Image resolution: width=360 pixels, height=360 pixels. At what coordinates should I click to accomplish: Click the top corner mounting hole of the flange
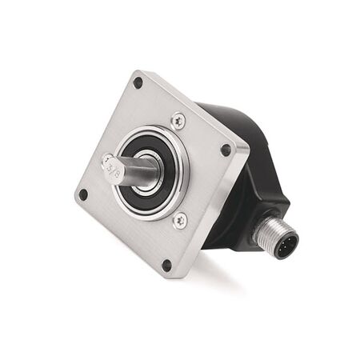[138, 82]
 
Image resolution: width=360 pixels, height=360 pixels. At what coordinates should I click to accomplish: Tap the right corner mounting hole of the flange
[226, 150]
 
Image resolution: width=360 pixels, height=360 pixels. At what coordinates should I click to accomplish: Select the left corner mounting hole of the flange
[82, 194]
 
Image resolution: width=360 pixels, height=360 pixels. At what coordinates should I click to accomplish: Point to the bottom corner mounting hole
[166, 266]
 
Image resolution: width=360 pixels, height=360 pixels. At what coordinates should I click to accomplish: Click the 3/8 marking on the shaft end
[112, 168]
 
